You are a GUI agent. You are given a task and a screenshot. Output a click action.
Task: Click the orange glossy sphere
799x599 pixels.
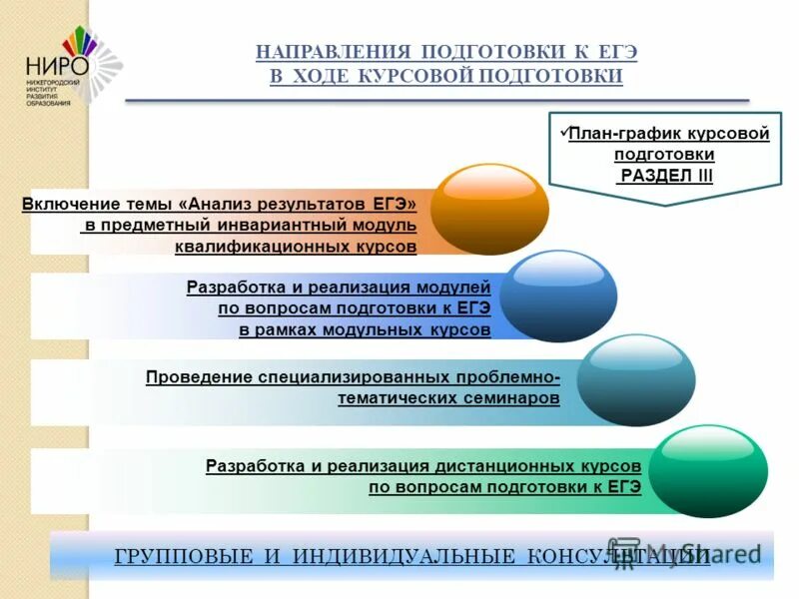coord(490,210)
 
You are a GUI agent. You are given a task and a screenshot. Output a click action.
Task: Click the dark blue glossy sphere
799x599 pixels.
coord(558,296)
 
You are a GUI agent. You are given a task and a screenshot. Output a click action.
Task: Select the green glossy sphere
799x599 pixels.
coord(709,471)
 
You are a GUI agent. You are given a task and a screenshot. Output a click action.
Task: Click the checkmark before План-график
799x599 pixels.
coord(561,132)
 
